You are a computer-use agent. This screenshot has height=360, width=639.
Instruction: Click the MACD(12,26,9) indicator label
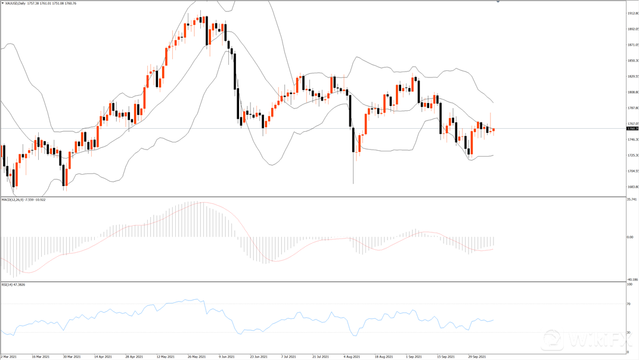15,200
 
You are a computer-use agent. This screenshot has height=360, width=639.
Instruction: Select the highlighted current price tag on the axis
632,129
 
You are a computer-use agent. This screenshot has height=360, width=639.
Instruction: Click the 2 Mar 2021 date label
9,356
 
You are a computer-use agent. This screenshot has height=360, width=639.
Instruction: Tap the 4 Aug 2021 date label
352,356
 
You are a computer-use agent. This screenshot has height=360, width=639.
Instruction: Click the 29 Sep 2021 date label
477,356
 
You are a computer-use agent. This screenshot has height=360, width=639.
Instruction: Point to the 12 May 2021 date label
166,356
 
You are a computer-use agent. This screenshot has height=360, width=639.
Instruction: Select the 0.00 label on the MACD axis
629,237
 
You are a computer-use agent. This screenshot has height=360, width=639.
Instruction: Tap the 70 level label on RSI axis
628,304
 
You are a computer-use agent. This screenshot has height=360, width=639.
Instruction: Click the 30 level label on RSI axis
628,332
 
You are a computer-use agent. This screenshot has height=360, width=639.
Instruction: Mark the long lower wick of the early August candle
353,170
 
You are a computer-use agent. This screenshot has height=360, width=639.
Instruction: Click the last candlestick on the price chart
493,130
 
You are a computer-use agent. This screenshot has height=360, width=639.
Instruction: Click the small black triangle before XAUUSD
2,3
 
